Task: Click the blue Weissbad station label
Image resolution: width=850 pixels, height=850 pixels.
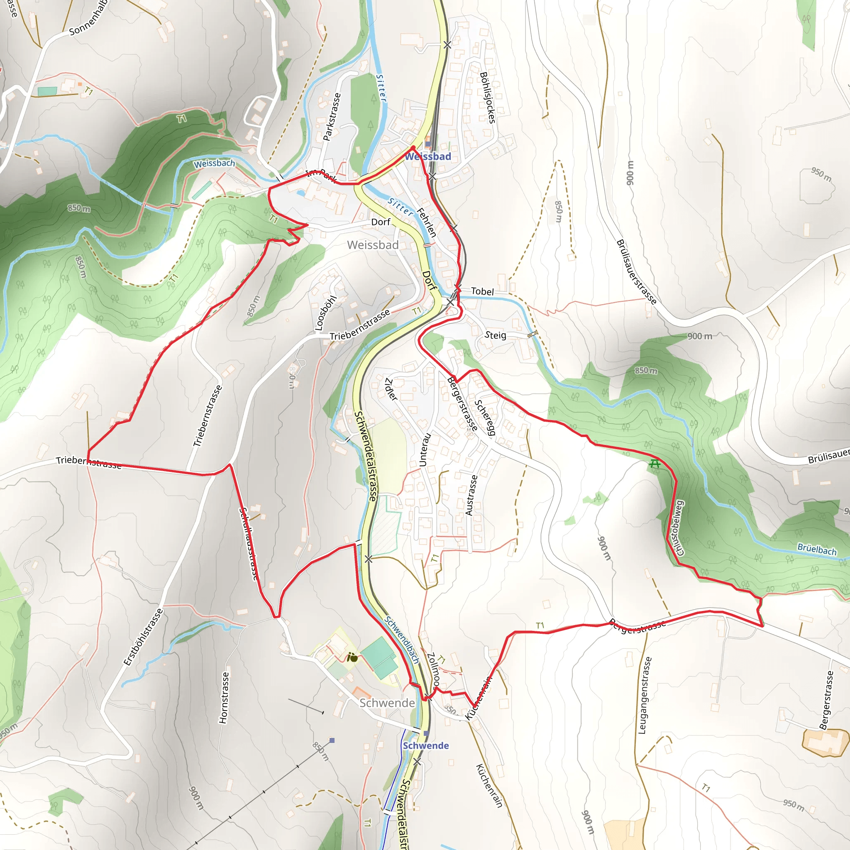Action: tap(427, 156)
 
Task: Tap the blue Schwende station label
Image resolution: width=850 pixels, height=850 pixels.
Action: tap(425, 745)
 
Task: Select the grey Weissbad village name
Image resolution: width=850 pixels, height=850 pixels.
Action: tap(373, 245)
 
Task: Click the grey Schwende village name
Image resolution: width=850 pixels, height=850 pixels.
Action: tap(387, 703)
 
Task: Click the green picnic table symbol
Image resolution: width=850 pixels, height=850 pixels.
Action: tap(655, 464)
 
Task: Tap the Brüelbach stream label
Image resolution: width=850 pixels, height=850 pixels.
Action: tap(816, 550)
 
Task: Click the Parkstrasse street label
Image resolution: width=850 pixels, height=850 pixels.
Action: tap(332, 117)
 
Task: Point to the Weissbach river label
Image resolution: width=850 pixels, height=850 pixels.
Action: tap(214, 164)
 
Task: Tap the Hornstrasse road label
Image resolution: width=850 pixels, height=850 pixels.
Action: tap(224, 697)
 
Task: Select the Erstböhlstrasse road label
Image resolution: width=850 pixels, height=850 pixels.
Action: tap(143, 637)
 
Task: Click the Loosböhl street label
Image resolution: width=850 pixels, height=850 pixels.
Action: tap(325, 313)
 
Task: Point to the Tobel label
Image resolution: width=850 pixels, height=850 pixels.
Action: tap(482, 291)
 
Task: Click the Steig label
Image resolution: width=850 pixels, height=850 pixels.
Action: tap(495, 335)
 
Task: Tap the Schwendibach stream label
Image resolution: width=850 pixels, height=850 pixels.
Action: tap(402, 639)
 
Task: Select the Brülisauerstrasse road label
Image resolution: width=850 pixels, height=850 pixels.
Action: tap(636, 272)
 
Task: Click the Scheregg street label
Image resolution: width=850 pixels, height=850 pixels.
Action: tap(485, 418)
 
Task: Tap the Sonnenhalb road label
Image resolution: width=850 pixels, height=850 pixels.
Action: tap(88, 19)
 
